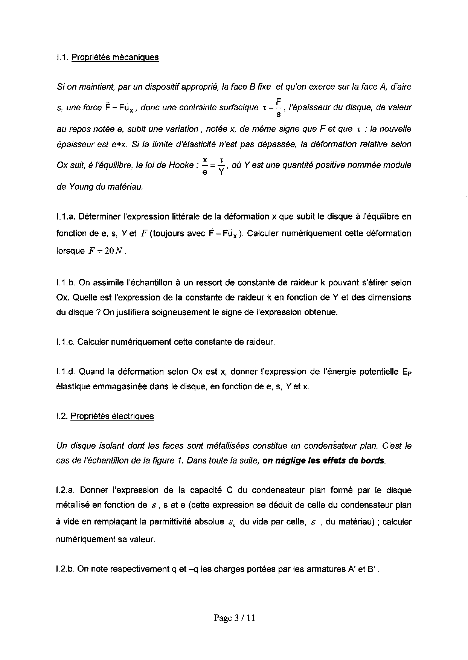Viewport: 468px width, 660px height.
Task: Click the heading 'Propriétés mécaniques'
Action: click(x=115, y=57)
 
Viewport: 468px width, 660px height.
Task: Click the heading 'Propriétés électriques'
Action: click(x=112, y=416)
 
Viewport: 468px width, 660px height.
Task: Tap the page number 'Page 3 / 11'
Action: click(x=235, y=618)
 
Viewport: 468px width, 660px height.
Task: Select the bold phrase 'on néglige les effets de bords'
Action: click(x=324, y=460)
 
